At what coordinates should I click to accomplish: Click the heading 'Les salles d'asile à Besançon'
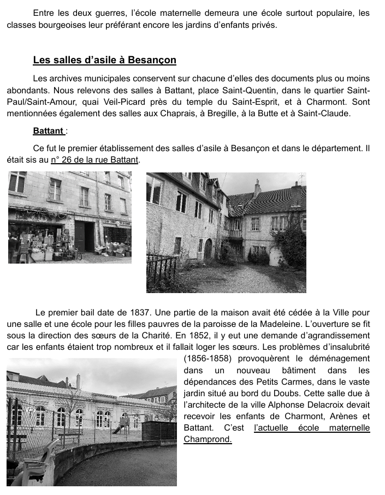coord(104,60)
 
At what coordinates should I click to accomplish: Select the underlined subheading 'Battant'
coord(48,131)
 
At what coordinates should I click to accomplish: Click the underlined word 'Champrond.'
coord(208,439)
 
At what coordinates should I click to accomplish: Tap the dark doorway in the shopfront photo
coord(84,236)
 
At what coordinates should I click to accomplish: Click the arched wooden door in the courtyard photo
coord(208,248)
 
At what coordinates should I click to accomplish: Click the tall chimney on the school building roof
coord(78,381)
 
